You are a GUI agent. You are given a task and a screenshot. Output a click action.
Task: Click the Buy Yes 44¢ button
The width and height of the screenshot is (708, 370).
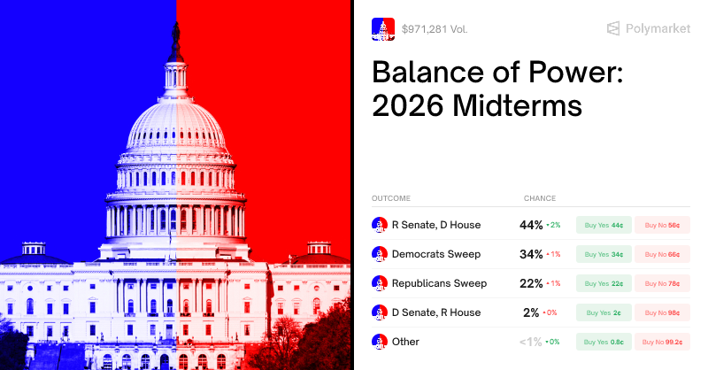pos(604,225)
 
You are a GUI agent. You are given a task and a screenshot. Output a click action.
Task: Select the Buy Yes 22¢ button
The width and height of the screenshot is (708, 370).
pos(604,283)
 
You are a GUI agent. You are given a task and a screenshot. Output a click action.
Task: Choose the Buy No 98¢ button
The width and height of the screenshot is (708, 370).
pos(662,312)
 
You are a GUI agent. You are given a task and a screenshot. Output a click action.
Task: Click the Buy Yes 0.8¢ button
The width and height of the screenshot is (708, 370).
pos(604,342)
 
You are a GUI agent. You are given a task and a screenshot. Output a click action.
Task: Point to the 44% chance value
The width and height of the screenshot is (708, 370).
pos(531,225)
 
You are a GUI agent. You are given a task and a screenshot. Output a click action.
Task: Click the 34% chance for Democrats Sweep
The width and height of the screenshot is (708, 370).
pos(531,254)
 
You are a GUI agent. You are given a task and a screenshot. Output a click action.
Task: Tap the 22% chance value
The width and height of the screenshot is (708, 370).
pos(531,283)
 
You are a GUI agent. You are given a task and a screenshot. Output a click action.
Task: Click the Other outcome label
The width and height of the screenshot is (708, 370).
pos(405,342)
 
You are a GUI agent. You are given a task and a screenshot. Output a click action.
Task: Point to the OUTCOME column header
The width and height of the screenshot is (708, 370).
pos(391,198)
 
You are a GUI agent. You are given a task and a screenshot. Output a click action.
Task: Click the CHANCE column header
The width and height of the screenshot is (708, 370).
pos(540,198)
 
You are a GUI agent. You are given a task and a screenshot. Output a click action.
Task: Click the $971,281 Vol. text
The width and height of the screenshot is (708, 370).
pos(435,29)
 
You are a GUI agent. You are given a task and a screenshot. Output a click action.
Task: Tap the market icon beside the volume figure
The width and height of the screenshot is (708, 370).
pos(383,29)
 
